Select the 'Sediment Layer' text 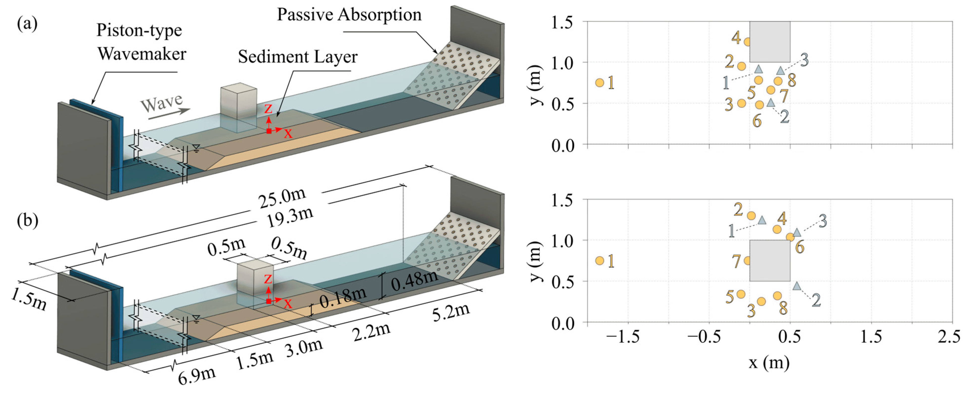pyautogui.click(x=297, y=57)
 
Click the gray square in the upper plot pyautogui.click(x=770, y=42)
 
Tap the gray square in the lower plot pyautogui.click(x=770, y=260)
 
